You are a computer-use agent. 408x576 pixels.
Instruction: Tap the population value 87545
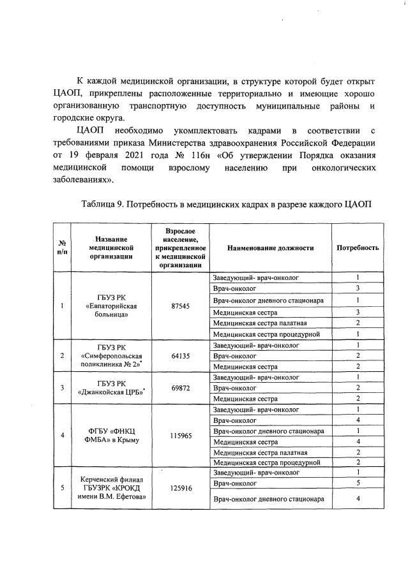pyautogui.click(x=181, y=306)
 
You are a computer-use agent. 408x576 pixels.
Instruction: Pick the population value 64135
pyautogui.click(x=181, y=356)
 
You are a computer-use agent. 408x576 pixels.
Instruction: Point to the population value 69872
pyautogui.click(x=181, y=388)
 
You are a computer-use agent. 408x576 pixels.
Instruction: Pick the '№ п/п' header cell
pyautogui.click(x=63, y=247)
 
